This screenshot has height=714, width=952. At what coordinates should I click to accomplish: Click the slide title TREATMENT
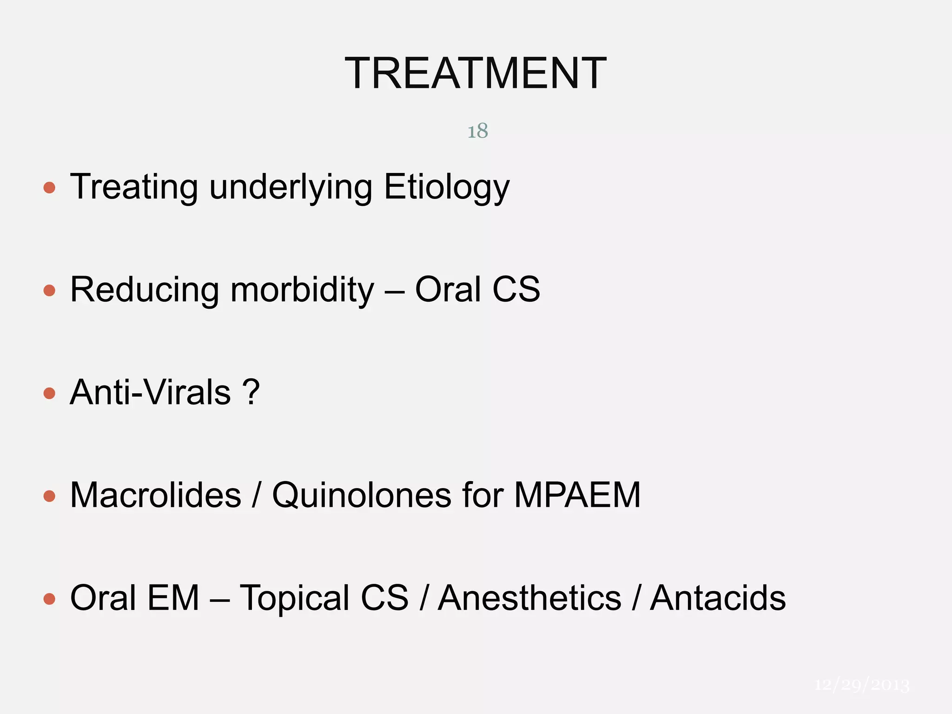pos(476,73)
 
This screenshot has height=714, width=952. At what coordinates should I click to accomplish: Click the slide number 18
pos(477,131)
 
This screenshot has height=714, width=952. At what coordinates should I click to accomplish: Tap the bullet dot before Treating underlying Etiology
pos(49,188)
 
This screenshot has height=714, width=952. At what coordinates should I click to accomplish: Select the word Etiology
pos(447,187)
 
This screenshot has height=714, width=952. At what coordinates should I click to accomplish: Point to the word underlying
pos(291,187)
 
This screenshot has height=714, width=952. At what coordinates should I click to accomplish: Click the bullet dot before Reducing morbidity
pos(49,291)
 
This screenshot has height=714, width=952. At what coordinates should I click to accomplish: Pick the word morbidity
pos(302,290)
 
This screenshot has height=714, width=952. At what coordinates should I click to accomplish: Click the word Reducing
pos(144,290)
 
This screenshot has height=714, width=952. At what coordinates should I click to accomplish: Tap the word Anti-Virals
pos(150,392)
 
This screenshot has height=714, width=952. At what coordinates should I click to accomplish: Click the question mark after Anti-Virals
pos(251,392)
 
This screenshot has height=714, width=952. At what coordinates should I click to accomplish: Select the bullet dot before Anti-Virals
pos(49,394)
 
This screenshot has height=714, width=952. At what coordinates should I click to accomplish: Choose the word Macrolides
pos(156,495)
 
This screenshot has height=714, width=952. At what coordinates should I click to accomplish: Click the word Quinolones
pos(362,495)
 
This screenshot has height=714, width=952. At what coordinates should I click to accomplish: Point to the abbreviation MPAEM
pos(577,495)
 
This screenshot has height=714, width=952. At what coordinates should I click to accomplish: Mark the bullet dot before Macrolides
pos(49,496)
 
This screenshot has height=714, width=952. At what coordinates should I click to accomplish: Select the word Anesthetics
pos(530,598)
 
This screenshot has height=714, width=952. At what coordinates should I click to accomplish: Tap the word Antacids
pos(718,598)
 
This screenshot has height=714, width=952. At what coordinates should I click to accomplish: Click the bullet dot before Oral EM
pos(49,599)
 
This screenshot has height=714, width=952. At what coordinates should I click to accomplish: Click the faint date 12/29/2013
pos(862,685)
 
